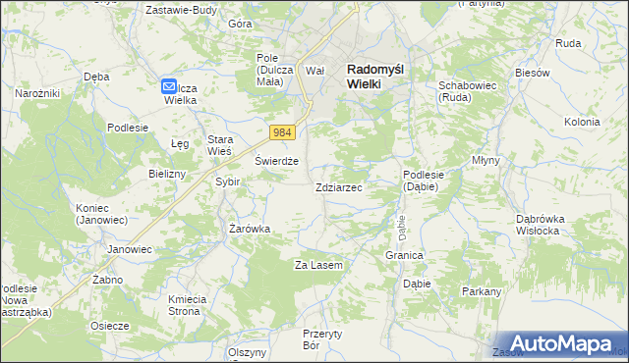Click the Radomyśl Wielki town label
pos(377,77)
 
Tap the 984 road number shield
pos(283,131)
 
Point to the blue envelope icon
pos(169,86)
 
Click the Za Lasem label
pos(318,265)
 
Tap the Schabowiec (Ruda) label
pos(464,92)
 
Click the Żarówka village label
pos(250,229)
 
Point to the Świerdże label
pos(276,161)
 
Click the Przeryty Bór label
pos(321,339)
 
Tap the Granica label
pos(404,255)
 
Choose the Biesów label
pos(530,74)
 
